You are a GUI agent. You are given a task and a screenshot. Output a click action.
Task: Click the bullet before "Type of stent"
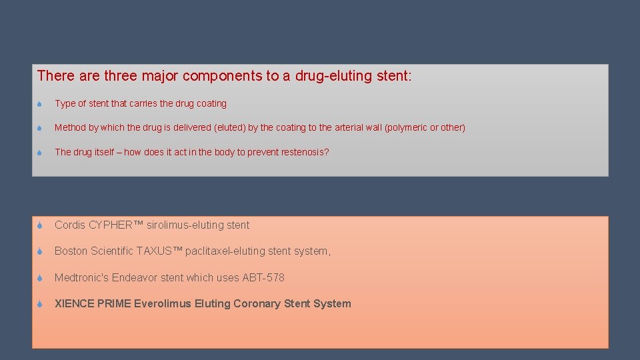point(40,104)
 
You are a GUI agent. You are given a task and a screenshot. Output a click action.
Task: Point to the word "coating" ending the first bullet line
point(211,103)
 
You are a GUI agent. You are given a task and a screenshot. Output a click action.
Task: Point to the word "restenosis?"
point(305,152)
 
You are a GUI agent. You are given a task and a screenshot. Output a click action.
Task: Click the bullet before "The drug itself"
point(40,153)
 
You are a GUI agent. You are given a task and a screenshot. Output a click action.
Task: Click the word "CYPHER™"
point(116,225)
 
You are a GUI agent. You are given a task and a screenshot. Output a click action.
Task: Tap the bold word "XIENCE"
point(74,304)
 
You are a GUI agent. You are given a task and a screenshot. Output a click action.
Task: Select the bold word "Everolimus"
point(163,304)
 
